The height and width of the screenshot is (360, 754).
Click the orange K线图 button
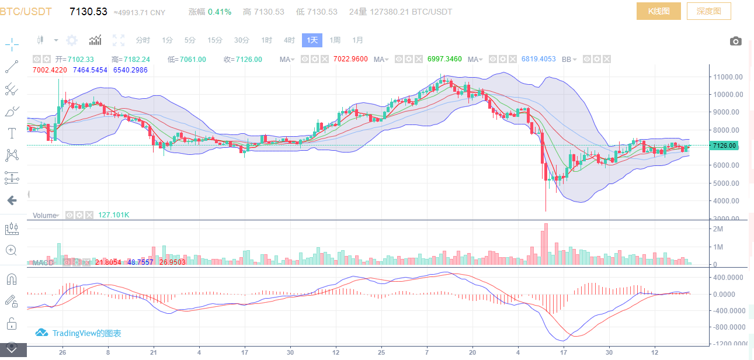[x=658, y=11]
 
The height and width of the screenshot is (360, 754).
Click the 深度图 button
[x=708, y=11]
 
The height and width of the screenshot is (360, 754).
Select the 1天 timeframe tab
[x=312, y=40]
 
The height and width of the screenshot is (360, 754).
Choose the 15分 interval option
[x=215, y=40]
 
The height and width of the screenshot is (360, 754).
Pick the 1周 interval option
[x=335, y=40]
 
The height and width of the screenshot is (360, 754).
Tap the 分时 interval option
[x=143, y=40]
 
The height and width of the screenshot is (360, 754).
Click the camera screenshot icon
[x=736, y=41]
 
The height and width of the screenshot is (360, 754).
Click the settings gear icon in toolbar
[x=72, y=40]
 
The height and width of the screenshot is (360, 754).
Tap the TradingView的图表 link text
[x=86, y=333]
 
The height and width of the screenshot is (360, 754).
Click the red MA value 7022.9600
[x=350, y=59]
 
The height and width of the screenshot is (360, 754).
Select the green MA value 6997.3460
[x=444, y=59]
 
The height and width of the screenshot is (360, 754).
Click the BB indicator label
[x=567, y=59]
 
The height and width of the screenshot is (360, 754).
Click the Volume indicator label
[x=44, y=215]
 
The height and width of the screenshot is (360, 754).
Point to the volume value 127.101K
[x=113, y=215]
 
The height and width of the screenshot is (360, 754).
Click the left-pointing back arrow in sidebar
[x=12, y=200]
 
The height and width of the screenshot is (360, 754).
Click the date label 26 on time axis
[x=62, y=353]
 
